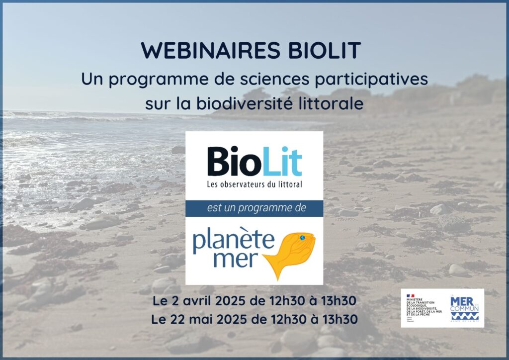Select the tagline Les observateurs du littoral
pos(254,184)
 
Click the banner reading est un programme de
pos(254,208)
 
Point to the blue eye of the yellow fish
pos(303,239)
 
